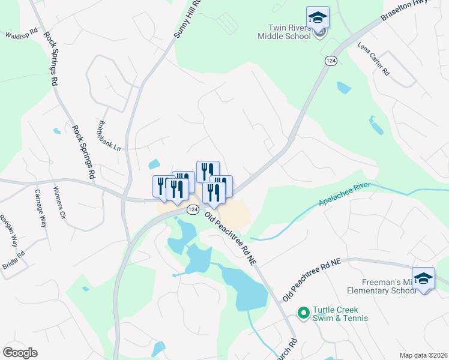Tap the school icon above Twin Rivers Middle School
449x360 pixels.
coord(318,17)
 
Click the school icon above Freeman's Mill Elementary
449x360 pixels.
coord(423,278)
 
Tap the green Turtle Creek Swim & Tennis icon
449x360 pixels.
coord(304,313)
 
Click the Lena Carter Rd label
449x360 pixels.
coord(373,59)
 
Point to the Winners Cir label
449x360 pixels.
coord(58,202)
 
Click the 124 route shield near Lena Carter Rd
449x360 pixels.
coord(331,61)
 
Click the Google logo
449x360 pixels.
coord(20,352)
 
